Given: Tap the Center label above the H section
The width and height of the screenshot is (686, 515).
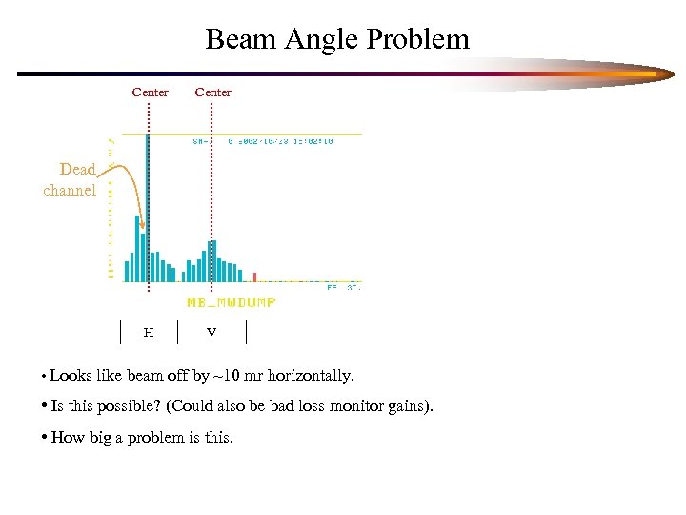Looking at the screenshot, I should click(x=150, y=93).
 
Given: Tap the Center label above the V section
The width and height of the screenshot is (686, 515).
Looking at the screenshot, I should click(x=212, y=93).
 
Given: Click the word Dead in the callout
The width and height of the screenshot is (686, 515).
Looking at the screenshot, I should click(x=77, y=170).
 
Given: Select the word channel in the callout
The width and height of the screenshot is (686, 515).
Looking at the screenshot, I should click(x=70, y=190).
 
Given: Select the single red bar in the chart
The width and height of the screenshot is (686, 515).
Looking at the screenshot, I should click(x=254, y=277).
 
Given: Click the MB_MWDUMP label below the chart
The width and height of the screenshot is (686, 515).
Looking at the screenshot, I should click(x=232, y=302).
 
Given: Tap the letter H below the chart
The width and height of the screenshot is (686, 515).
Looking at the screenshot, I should click(x=148, y=333).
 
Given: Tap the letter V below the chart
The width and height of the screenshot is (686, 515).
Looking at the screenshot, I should click(x=212, y=333).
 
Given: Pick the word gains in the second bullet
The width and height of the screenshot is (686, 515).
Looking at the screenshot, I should click(x=410, y=406).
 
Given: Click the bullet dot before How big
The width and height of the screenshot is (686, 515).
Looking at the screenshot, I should click(x=46, y=438).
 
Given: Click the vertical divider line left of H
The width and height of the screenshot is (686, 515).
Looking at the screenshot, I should click(x=121, y=332).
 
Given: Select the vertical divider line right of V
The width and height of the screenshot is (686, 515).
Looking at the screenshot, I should click(x=247, y=332).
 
